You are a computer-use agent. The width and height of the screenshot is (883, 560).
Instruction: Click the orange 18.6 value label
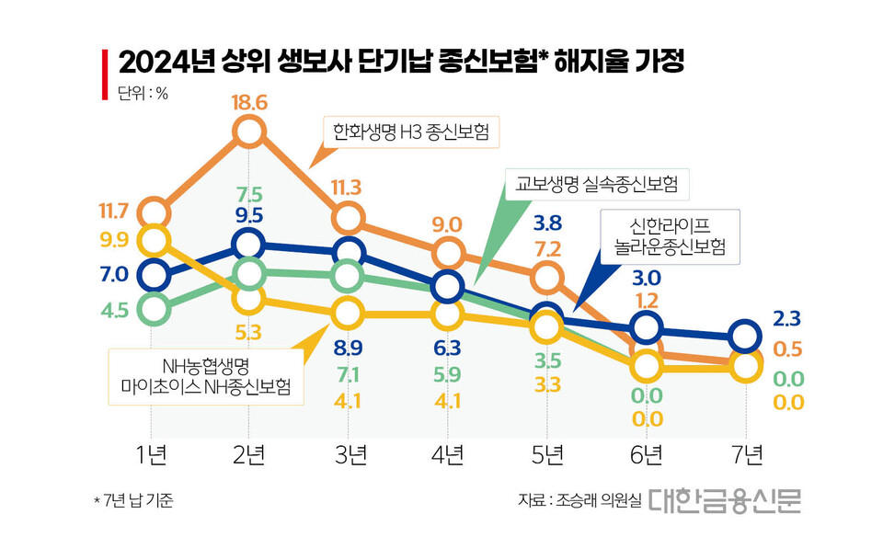point(249,103)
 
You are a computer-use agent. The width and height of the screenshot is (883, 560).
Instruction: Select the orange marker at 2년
point(249,131)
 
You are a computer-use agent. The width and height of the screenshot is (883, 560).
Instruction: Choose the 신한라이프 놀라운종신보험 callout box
point(670,237)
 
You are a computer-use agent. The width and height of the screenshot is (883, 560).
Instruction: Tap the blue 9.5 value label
point(249,217)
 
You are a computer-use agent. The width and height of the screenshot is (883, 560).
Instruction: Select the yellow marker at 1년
point(152,241)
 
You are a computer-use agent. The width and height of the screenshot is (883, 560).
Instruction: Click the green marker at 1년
point(152,309)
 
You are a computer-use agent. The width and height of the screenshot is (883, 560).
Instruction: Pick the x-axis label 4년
point(447,453)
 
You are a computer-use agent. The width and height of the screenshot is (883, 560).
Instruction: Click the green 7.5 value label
point(249,194)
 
